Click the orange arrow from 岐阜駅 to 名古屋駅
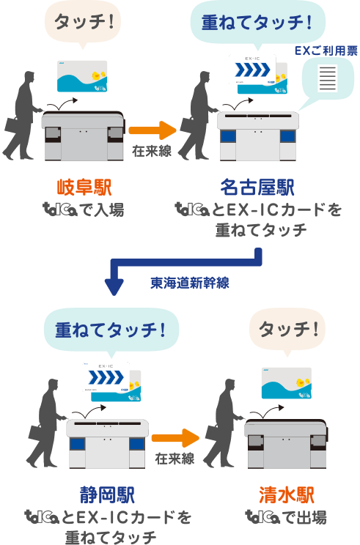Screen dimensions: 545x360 [x=152, y=131]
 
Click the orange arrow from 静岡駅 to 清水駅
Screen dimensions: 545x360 [x=175, y=439]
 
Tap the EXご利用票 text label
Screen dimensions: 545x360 [x=325, y=51]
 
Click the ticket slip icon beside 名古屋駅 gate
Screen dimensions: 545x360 [x=328, y=77]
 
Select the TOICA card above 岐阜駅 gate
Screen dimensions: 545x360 [x=82, y=77]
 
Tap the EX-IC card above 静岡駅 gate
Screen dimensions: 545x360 [x=106, y=381]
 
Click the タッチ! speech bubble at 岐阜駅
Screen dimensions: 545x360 [x=80, y=23]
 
